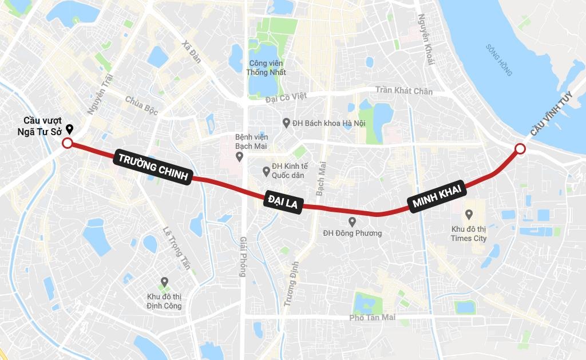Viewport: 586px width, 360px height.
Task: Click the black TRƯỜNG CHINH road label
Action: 152,167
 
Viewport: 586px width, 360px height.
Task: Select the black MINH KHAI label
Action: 437,196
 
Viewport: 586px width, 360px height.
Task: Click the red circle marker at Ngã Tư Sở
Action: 67,144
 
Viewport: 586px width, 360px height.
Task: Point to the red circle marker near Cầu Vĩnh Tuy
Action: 520,149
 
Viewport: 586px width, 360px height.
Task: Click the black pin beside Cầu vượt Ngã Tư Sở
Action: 70,129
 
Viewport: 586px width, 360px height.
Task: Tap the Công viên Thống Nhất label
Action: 266,68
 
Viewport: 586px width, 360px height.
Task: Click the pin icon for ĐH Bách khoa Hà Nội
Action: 286,123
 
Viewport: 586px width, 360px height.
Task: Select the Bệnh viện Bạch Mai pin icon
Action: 239,156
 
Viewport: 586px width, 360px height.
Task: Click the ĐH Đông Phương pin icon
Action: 352,221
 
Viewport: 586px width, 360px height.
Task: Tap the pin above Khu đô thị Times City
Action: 469,215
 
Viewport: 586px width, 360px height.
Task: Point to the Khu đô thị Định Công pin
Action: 164,282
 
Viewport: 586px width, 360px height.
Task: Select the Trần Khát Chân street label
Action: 404,91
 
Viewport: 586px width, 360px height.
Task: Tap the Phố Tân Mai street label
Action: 372,317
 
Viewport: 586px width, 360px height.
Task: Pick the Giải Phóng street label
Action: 243,257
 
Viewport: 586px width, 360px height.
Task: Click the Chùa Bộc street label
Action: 141,102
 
